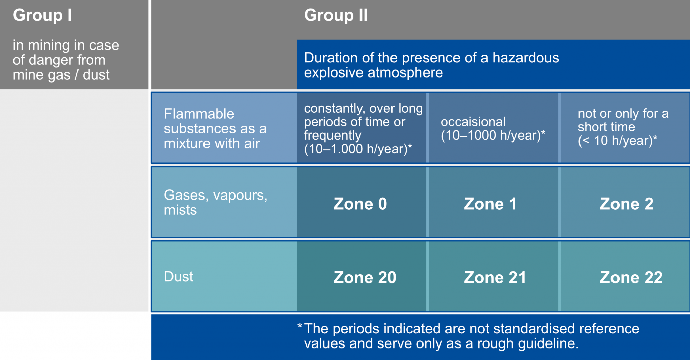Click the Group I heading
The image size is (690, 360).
coord(42,15)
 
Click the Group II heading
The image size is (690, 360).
coord(336,15)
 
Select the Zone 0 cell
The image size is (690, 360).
coord(362,202)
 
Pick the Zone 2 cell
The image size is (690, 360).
coord(625,202)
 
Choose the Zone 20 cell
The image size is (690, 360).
coord(362,276)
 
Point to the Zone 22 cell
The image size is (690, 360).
coord(625,276)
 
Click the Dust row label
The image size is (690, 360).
coord(179,277)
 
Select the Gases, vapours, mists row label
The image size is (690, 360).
coord(216,202)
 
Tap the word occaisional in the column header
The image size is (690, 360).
coord(473,122)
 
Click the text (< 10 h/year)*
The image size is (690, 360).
coord(618,140)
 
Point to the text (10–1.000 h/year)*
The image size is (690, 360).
coord(358,149)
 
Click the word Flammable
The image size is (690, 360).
coord(199,114)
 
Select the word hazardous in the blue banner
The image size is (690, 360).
coord(526,58)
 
